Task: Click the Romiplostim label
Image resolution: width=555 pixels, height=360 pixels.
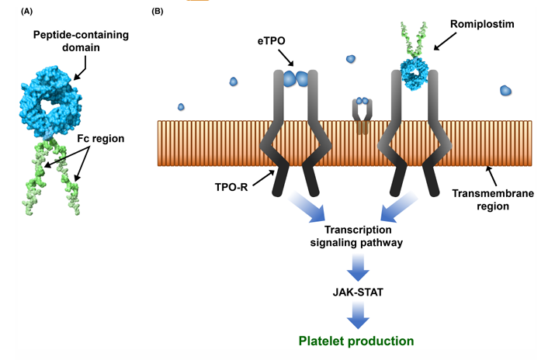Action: pyautogui.click(x=477, y=25)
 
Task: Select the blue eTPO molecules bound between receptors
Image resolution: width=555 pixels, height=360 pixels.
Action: pyautogui.click(x=293, y=78)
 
